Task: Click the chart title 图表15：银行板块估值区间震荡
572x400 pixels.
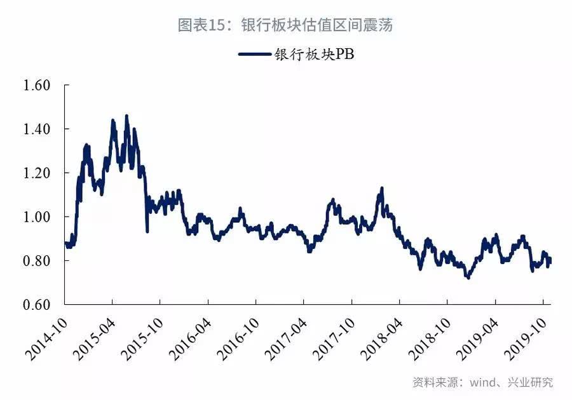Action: [285, 25]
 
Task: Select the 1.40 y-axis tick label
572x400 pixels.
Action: [36, 130]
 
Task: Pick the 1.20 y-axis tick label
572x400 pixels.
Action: [36, 173]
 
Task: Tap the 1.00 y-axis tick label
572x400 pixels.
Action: [36, 217]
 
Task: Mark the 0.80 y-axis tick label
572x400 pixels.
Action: [36, 261]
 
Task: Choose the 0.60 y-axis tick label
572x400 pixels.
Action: [36, 305]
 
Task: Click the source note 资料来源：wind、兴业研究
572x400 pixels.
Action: [482, 382]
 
